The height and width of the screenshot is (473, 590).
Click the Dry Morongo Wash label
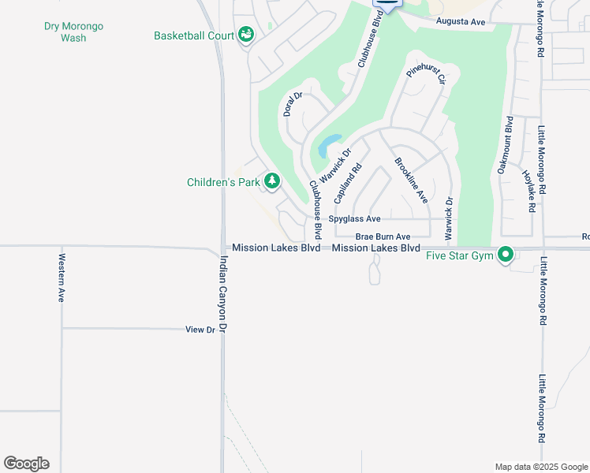pyautogui.click(x=73, y=32)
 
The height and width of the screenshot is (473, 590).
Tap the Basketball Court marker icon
pyautogui.click(x=246, y=35)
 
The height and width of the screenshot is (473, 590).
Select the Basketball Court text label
pyautogui.click(x=194, y=36)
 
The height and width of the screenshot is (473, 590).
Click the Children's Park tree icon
pyautogui.click(x=272, y=181)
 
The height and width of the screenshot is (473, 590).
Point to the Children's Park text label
pyautogui.click(x=223, y=182)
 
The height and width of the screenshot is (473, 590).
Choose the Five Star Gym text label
pyautogui.click(x=459, y=255)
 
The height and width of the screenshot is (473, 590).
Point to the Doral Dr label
pyautogui.click(x=293, y=104)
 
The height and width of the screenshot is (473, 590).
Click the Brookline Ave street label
pyautogui.click(x=411, y=181)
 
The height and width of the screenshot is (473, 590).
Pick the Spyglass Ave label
pyautogui.click(x=355, y=218)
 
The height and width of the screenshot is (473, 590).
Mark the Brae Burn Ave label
pyautogui.click(x=383, y=236)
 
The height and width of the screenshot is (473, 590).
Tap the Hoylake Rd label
pyautogui.click(x=528, y=192)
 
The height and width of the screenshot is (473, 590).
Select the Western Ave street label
pyautogui.click(x=61, y=277)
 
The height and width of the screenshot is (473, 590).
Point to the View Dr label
pyautogui.click(x=200, y=330)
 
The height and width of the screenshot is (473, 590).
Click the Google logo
pyautogui.click(x=26, y=464)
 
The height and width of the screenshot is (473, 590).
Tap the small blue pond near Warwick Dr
pyautogui.click(x=328, y=144)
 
